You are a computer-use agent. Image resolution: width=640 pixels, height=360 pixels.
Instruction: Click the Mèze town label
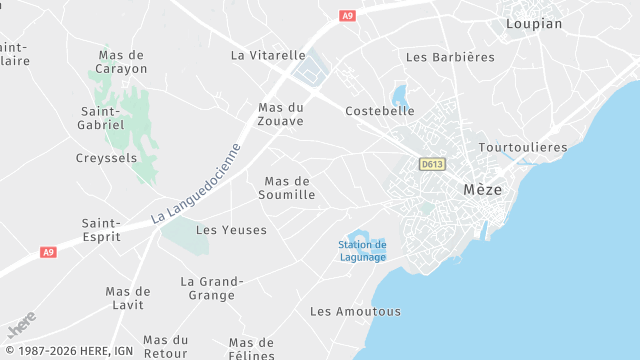point(483,189)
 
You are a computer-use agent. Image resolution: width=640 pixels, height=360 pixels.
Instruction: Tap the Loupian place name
point(534,23)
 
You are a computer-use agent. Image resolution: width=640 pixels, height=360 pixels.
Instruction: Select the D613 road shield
point(432,164)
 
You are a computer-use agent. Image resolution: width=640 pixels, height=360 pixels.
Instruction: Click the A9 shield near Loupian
point(347,16)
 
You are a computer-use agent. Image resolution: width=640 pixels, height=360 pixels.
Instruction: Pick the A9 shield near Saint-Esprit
point(48,252)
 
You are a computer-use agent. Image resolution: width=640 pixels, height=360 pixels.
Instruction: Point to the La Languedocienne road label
point(196,184)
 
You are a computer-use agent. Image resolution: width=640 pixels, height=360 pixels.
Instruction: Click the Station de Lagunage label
point(362,251)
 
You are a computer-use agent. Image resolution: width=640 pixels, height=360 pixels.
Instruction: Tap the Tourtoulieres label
point(523,147)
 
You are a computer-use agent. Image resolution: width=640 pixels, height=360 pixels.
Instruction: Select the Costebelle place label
point(379,111)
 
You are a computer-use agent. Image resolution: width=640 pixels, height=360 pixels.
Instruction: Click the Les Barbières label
point(450,57)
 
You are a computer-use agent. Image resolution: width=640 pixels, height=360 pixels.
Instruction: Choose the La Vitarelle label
point(268,55)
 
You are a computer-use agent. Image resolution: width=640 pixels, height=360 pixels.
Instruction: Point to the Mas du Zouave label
point(281,113)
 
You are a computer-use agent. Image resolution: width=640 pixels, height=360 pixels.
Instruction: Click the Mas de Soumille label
point(289,188)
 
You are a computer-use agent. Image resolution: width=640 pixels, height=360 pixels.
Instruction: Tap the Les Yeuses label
point(231,230)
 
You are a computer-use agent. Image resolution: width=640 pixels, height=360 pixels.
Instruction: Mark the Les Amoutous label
point(355,311)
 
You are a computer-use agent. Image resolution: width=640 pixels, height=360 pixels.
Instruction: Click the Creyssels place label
point(106,158)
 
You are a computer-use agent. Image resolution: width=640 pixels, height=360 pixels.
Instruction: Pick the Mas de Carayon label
point(121,62)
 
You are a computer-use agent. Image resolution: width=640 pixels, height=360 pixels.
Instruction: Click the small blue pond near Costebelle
point(400,96)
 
